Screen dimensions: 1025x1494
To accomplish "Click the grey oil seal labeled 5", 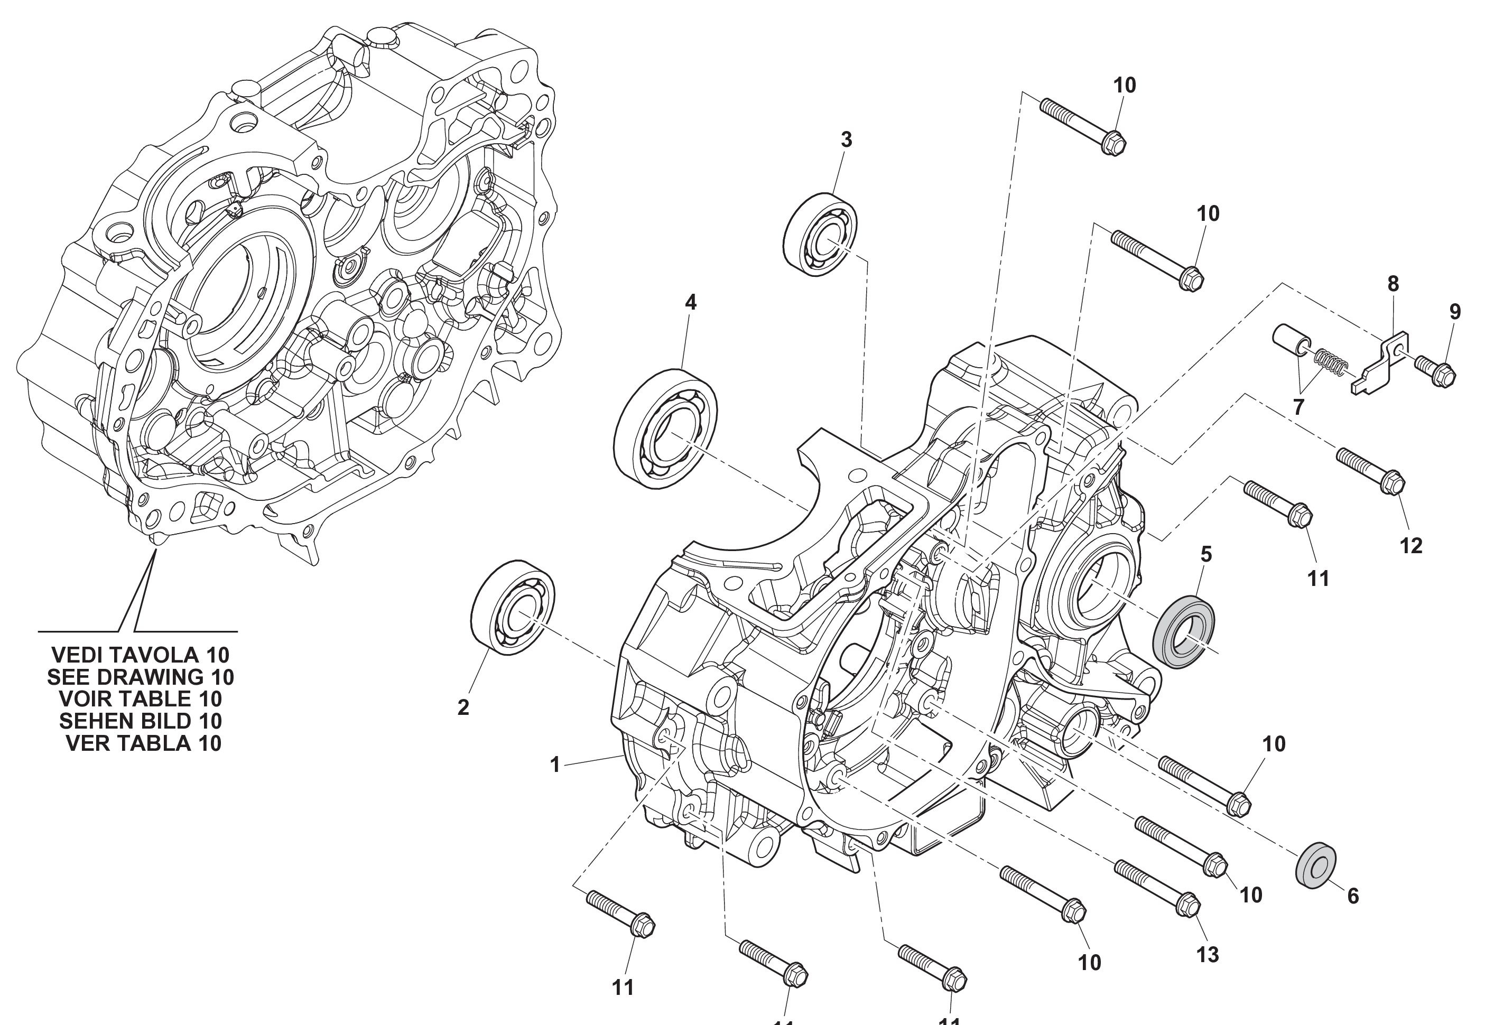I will click(1184, 632).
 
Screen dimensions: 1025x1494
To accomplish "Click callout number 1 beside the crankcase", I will click(555, 765).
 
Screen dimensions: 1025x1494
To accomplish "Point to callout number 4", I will click(690, 302).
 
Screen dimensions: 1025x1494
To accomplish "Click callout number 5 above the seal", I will click(1206, 554).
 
